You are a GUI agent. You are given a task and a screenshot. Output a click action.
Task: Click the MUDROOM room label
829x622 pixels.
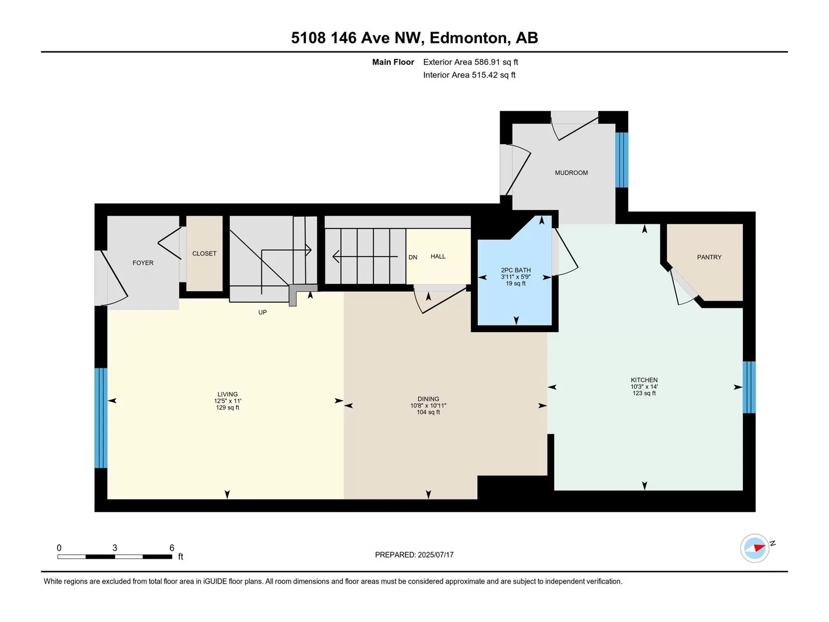571,173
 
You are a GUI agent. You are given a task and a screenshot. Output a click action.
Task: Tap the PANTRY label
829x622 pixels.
709,257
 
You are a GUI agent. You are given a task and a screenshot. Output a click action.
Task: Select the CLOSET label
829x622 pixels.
204,253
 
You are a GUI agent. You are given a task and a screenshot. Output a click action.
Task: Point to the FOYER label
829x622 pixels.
143,263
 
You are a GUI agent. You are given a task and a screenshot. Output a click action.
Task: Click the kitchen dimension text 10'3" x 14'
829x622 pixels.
644,387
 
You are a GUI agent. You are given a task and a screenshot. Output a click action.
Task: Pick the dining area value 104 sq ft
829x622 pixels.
428,412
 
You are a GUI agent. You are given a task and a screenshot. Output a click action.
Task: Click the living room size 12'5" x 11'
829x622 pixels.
227,401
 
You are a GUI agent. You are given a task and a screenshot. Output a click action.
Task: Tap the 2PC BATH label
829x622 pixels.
516,270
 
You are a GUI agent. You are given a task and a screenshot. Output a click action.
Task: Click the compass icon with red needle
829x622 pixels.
754,548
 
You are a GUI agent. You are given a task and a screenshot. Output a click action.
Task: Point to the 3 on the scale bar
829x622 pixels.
115,547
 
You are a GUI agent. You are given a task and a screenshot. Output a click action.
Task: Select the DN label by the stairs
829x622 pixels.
413,257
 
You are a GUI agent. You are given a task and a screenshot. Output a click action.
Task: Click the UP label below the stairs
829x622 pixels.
263,313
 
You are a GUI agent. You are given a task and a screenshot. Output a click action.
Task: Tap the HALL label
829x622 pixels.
438,257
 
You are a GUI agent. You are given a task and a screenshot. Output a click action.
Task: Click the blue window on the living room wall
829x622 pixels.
101,418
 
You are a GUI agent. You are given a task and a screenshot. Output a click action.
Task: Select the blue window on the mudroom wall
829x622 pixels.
622,160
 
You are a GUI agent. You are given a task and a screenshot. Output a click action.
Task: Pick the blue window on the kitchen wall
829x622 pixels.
749,387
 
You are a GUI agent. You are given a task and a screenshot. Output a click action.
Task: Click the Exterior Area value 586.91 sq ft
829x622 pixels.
496,62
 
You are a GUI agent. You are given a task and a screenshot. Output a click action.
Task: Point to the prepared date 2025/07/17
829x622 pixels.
435,555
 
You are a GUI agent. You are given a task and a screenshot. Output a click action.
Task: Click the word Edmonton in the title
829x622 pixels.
468,38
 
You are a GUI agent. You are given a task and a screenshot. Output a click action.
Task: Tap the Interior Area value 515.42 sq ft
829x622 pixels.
494,75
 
